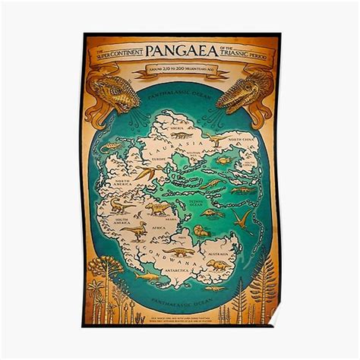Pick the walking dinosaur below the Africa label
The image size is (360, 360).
coord(178,251)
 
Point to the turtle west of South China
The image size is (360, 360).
coord(223,160)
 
